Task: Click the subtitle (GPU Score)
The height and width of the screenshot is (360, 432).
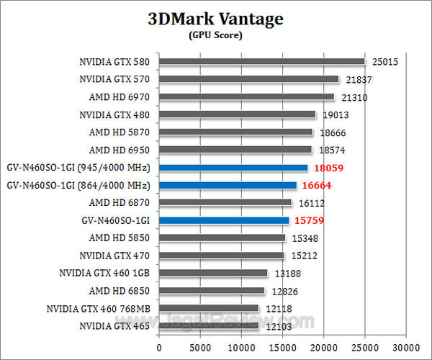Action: (x=215, y=35)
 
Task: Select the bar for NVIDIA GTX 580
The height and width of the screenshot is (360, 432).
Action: (x=262, y=61)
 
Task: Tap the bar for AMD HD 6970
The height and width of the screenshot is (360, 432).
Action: (x=247, y=96)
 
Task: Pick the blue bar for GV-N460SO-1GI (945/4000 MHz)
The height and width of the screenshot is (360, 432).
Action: (x=233, y=167)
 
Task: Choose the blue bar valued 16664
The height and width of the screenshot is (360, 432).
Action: (x=228, y=185)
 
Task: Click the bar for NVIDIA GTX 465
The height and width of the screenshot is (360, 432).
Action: (x=209, y=326)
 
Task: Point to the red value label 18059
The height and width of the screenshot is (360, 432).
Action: (x=330, y=168)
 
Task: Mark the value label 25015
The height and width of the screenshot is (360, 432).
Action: (x=386, y=62)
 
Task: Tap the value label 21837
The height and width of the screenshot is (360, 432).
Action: (x=359, y=79)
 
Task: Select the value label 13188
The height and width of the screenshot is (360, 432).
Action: (x=288, y=274)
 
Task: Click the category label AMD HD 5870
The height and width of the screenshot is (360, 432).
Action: (x=120, y=132)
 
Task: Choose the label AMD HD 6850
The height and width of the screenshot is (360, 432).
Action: (x=120, y=291)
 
